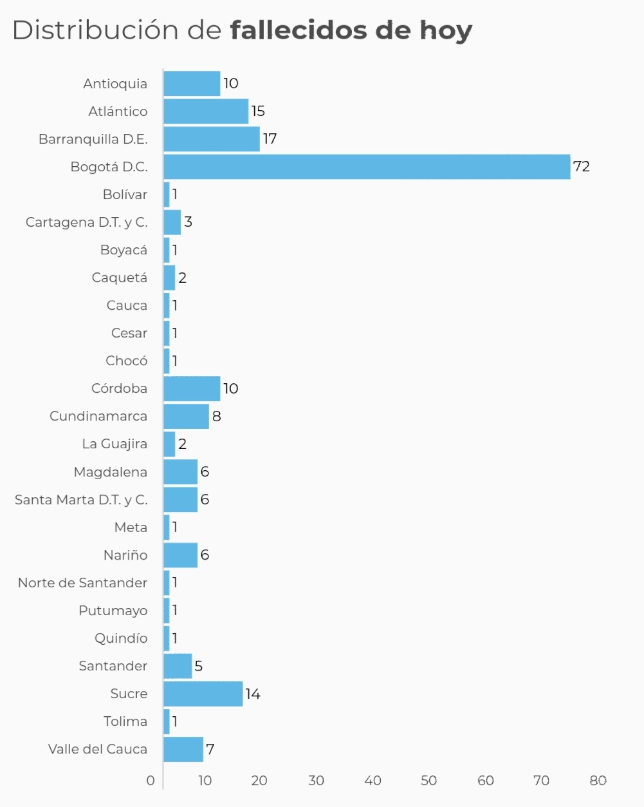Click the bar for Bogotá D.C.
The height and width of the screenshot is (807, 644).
pos(367,167)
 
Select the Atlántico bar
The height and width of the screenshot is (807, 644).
pos(206,111)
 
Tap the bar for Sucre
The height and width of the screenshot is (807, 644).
pos(203,694)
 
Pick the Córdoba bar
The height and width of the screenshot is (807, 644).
pos(192,388)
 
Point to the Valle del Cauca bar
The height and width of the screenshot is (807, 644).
pos(183,749)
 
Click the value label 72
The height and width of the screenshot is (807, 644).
pos(581,167)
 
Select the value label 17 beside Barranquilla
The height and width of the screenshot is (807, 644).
pos(270,139)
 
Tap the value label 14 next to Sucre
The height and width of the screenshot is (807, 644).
pos(253,694)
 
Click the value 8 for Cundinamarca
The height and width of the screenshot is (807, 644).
pos(216,416)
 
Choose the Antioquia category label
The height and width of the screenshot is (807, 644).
pos(115,84)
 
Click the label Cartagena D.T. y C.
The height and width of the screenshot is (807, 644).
pos(87,222)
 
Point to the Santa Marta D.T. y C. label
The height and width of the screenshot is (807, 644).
pos(81,500)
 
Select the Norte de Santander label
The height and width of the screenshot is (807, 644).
pos(82,583)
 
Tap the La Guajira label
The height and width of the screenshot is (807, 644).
pos(115,444)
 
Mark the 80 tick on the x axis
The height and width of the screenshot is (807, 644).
pos(598,781)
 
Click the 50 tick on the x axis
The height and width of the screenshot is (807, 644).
pos(428,781)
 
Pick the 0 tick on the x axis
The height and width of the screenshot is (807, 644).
pos(151,781)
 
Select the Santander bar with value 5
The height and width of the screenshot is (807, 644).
pos(178,666)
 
